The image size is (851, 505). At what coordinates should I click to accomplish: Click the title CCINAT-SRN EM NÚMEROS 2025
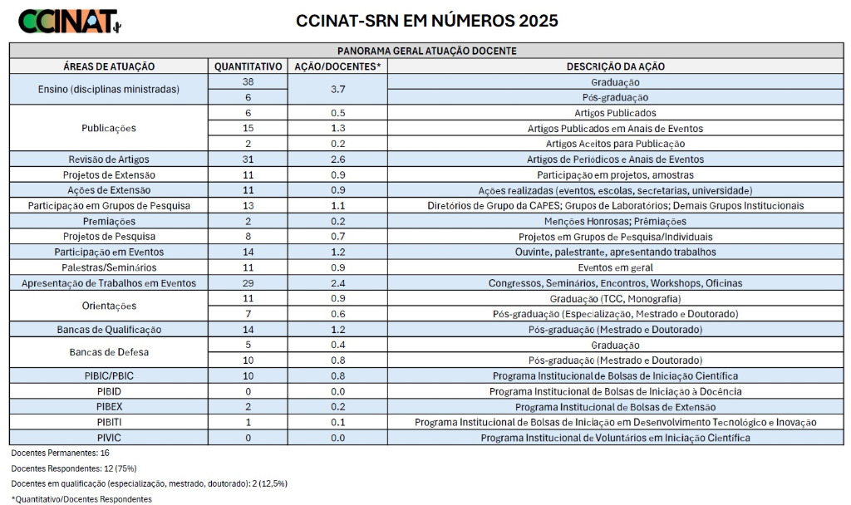(x=427, y=21)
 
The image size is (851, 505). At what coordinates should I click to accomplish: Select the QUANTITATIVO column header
(x=248, y=66)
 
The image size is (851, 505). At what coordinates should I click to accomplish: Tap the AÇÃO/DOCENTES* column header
(x=338, y=66)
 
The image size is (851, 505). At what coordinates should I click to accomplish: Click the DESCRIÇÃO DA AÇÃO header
(x=615, y=66)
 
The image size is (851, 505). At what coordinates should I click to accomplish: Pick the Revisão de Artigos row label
(x=109, y=159)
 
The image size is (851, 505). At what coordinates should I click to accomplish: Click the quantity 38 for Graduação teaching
(x=248, y=82)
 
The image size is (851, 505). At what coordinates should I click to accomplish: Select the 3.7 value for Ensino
(x=338, y=90)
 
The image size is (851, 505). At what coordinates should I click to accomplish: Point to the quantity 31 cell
(x=248, y=159)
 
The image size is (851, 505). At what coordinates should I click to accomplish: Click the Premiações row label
(x=109, y=222)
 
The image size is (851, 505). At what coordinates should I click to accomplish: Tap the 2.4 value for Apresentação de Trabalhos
(x=338, y=283)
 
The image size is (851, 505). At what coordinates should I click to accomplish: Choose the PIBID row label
(x=109, y=391)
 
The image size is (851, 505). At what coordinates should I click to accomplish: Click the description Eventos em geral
(x=615, y=267)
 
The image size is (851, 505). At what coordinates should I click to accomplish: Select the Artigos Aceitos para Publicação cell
(x=615, y=144)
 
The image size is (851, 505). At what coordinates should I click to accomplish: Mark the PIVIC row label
(x=109, y=438)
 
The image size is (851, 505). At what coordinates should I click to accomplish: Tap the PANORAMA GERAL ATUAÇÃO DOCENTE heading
(x=427, y=51)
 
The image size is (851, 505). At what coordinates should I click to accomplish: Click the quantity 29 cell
(x=248, y=283)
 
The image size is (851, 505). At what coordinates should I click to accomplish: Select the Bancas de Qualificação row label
(x=109, y=330)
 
